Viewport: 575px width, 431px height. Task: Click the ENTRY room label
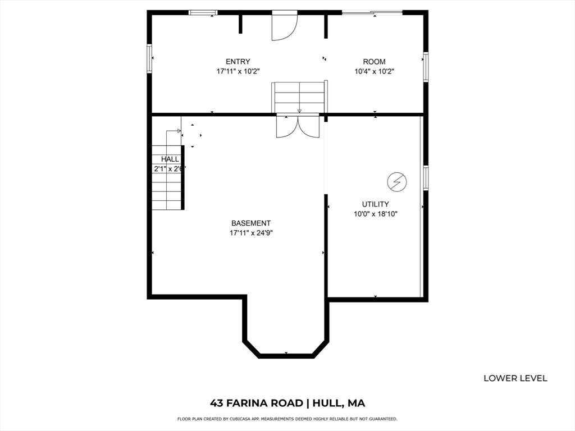tap(238, 62)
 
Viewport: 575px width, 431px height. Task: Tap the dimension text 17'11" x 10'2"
tap(238, 71)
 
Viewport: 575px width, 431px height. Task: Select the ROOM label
tap(374, 62)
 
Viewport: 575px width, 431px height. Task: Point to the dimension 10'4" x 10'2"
tap(374, 71)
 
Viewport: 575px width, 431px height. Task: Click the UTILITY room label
tap(375, 204)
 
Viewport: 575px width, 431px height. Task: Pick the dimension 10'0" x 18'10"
tap(375, 214)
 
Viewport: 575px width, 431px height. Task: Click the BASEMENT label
tap(251, 223)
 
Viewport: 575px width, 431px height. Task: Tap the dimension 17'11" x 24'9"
tap(251, 232)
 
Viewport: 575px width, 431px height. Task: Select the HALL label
tap(170, 159)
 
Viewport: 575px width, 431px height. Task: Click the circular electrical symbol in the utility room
tap(397, 181)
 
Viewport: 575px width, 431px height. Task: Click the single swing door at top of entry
tap(284, 26)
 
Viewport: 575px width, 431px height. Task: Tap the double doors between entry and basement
tap(298, 126)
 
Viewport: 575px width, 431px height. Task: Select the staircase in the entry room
tap(299, 98)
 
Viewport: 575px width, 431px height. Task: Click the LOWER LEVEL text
tap(515, 378)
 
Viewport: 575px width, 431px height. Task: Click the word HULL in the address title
tap(330, 403)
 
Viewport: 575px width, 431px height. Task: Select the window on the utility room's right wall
tap(426, 178)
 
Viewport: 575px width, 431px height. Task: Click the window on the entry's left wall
tap(149, 58)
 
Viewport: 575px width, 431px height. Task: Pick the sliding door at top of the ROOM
tap(372, 12)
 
